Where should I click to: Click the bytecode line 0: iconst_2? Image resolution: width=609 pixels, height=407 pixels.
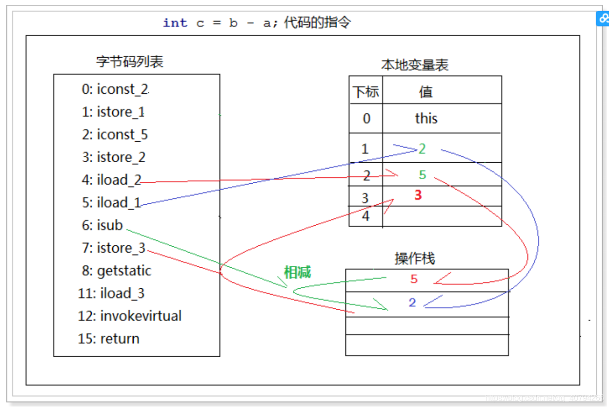click(115, 89)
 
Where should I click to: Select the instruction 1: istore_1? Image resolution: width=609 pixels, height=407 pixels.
click(113, 112)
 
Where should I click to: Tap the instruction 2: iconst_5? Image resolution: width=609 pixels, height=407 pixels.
click(115, 134)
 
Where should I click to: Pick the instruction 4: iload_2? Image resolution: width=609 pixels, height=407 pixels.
click(112, 180)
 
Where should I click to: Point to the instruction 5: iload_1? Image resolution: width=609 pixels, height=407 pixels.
click(112, 202)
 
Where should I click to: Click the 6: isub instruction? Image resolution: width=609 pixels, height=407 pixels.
click(102, 225)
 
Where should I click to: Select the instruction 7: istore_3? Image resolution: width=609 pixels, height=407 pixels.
click(114, 248)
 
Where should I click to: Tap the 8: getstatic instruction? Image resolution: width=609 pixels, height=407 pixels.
click(117, 271)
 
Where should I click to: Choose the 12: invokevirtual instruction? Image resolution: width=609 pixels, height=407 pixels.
click(130, 316)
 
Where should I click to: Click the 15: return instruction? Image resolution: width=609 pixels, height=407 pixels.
click(109, 339)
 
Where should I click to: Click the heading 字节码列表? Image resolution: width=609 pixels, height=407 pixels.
click(130, 62)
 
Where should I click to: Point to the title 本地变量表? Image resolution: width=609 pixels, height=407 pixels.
click(415, 65)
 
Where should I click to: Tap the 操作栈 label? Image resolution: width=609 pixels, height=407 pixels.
click(414, 258)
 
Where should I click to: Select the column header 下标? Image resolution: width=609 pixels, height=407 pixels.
click(366, 92)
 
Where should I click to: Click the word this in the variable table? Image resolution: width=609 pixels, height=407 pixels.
click(426, 118)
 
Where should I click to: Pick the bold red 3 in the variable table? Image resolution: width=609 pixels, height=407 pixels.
click(418, 195)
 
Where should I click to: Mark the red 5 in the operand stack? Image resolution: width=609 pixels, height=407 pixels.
click(414, 279)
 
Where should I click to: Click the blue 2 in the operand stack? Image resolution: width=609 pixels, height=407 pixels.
click(412, 303)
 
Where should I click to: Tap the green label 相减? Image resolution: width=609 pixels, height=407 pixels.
click(298, 272)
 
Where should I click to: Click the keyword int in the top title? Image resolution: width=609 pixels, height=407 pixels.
click(175, 23)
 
